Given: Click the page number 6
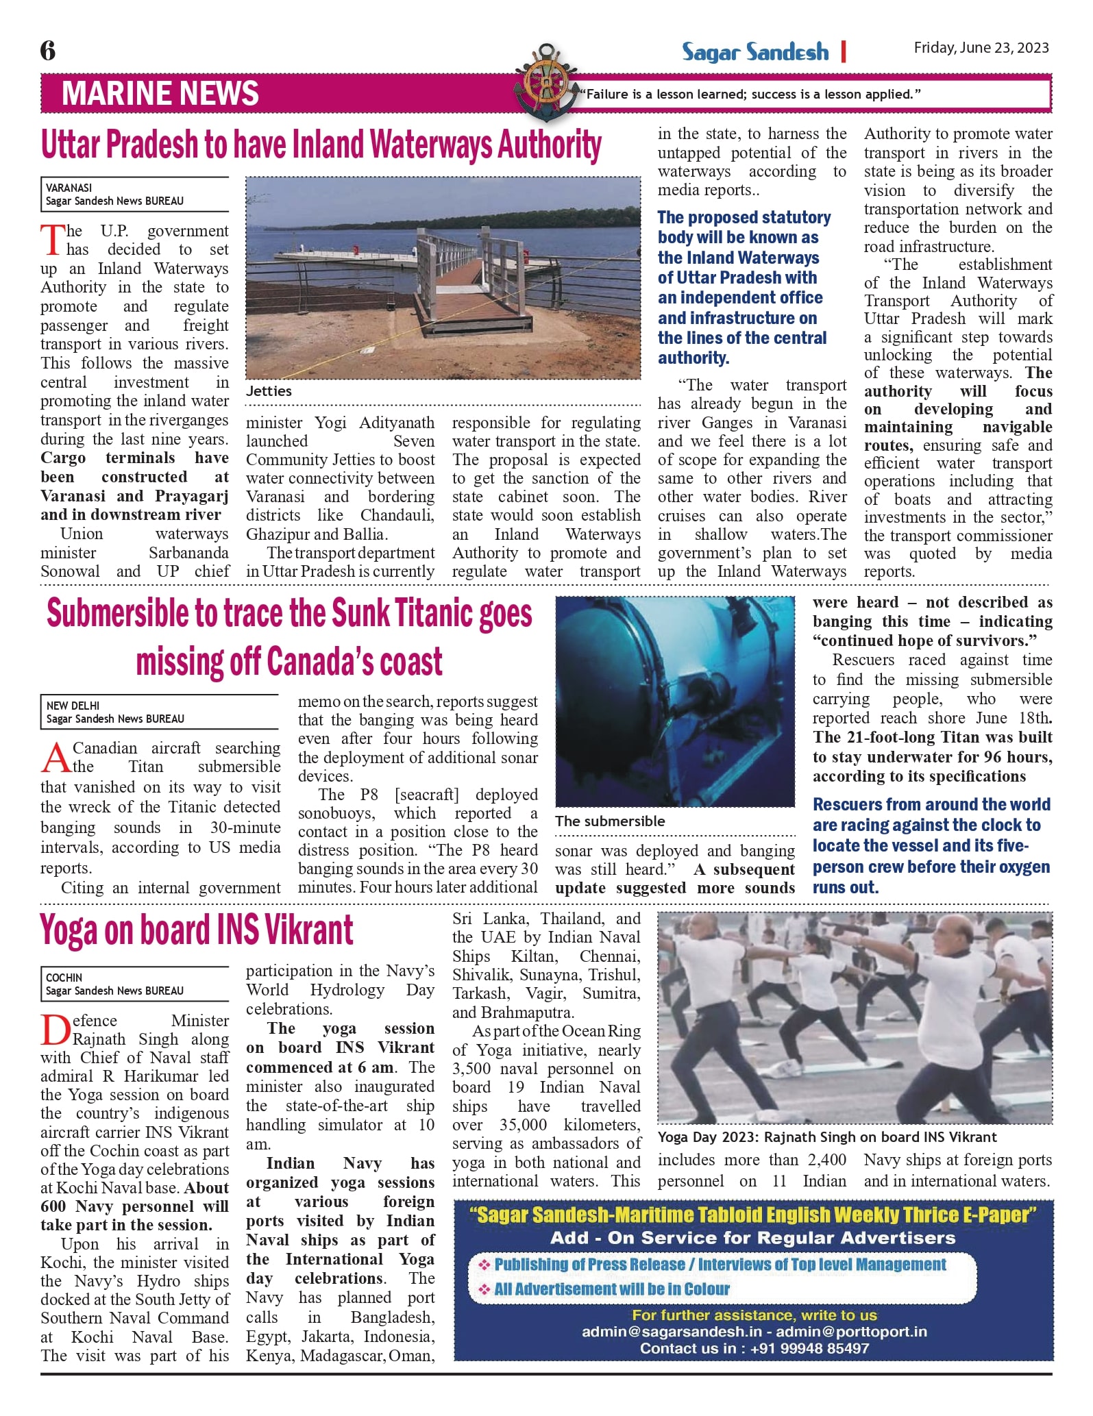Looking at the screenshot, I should click(x=48, y=50).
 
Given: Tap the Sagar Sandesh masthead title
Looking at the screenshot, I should click(x=754, y=52).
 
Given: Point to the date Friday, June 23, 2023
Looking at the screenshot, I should click(x=981, y=47).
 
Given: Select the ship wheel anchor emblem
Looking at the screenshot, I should click(x=545, y=82).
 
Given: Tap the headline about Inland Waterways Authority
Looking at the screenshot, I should click(x=321, y=145).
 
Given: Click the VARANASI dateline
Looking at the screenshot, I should click(x=69, y=188).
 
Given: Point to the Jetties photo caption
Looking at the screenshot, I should click(x=269, y=391).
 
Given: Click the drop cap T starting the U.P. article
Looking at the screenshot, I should click(x=52, y=240).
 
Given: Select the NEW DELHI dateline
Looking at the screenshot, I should click(x=73, y=706).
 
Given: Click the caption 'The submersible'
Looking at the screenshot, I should click(x=610, y=821).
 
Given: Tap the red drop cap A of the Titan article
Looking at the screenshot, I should click(x=56, y=758).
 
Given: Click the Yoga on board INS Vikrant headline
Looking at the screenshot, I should click(x=197, y=930).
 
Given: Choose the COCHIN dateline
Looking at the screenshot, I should click(x=64, y=978).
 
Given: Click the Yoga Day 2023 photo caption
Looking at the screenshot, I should click(x=827, y=1137).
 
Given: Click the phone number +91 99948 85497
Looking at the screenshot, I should click(x=809, y=1348).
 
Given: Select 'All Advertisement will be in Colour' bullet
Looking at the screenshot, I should click(x=611, y=1289).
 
